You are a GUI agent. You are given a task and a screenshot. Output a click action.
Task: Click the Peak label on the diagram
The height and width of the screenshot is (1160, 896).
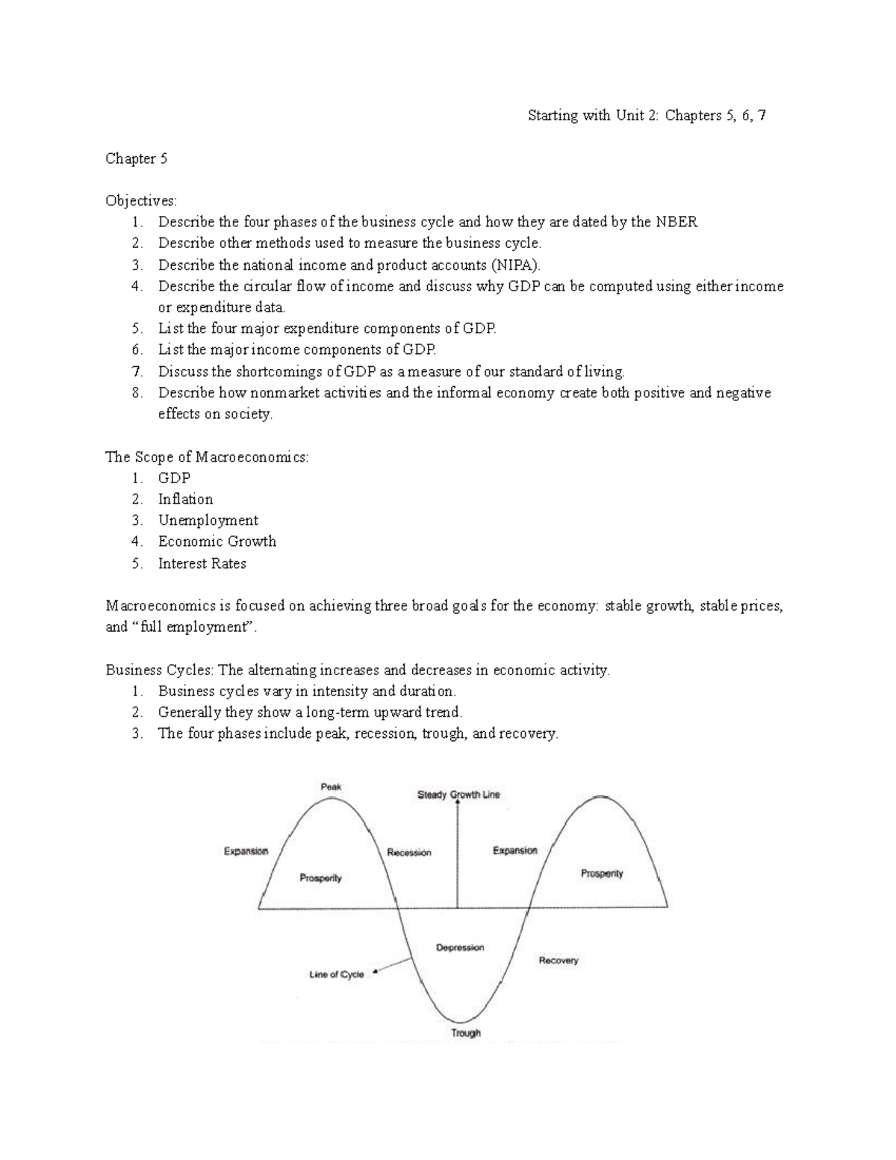[x=331, y=787]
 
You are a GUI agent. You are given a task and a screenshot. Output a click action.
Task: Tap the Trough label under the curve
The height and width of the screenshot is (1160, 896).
[x=466, y=1034]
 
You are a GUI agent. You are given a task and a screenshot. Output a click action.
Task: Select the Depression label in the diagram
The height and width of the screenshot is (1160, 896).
[x=460, y=948]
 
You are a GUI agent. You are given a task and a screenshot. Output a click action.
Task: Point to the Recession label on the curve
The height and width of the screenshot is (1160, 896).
[x=409, y=852]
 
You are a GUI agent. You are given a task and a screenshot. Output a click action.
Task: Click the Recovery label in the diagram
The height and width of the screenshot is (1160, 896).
[x=559, y=961]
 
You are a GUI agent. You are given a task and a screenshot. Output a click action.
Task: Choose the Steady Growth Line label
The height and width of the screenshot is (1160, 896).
[x=458, y=795]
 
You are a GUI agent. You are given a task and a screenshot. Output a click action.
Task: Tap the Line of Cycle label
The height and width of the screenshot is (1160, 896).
[x=336, y=975]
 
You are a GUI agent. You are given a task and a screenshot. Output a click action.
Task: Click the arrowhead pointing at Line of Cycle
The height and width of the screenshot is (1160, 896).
[x=376, y=972]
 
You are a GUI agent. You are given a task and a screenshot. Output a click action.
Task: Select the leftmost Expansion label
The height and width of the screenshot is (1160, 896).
[x=246, y=851]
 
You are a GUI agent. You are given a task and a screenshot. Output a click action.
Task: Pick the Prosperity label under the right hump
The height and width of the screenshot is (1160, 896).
[x=602, y=873]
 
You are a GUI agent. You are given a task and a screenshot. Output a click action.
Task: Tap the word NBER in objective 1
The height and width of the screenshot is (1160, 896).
[x=676, y=222]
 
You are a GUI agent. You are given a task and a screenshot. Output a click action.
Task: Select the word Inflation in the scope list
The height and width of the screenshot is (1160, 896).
[x=185, y=499]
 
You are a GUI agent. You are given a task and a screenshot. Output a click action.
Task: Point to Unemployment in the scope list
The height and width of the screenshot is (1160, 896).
[x=208, y=521]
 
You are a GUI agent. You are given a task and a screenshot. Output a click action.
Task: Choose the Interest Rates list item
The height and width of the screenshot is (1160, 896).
[x=202, y=563]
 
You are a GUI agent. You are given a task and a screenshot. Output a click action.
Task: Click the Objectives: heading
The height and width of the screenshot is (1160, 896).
[x=141, y=200]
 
